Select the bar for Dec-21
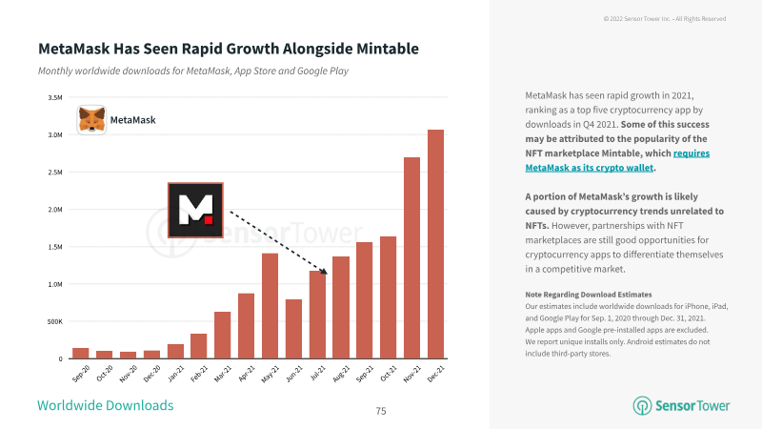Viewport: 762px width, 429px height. tap(435, 244)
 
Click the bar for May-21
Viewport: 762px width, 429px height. tap(270, 306)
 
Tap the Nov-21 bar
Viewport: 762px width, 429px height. tap(411, 258)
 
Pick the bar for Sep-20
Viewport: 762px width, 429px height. tap(81, 354)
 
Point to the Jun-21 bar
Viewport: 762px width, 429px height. tap(293, 329)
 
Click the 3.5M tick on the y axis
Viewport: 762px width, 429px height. tap(55, 98)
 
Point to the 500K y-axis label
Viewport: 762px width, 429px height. tap(55, 321)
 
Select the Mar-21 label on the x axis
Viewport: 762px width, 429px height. tap(223, 374)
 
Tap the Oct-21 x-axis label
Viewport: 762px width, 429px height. tap(389, 374)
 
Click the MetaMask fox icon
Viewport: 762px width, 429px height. tap(91, 120)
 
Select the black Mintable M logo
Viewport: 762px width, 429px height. tap(195, 210)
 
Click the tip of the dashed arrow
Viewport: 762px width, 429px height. tap(328, 275)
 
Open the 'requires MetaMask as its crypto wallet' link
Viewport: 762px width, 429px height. tap(617, 160)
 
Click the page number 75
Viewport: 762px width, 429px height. tap(381, 411)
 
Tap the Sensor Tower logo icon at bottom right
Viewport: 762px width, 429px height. tap(642, 406)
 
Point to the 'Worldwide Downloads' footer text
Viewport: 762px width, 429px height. tap(106, 406)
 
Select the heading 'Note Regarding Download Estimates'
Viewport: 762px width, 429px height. tap(589, 295)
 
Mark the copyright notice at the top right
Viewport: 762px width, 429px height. tap(665, 18)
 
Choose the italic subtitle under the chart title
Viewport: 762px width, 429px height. tap(193, 71)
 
